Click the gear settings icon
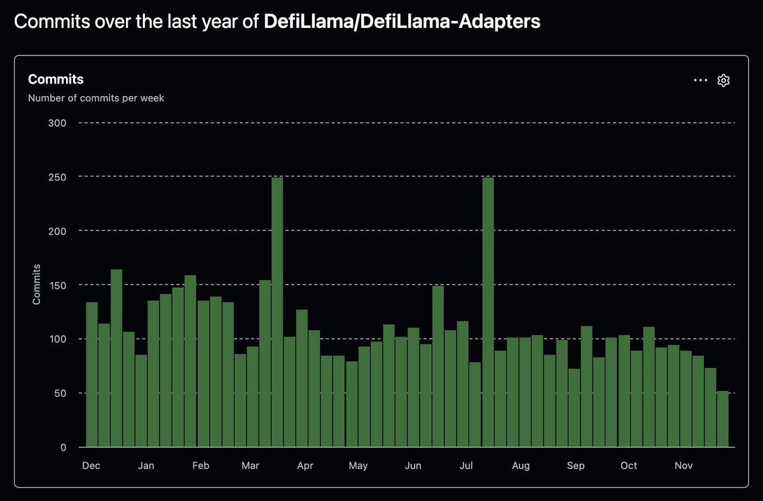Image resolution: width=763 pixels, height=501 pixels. click(724, 80)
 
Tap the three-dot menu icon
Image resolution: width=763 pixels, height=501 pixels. click(700, 80)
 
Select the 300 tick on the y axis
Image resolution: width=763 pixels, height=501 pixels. click(57, 123)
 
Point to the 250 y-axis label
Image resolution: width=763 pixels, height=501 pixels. click(57, 177)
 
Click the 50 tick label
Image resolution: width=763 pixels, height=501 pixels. click(60, 393)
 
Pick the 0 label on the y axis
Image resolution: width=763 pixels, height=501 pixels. click(64, 448)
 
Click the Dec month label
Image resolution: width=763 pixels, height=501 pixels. click(91, 465)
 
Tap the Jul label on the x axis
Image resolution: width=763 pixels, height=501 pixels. click(466, 465)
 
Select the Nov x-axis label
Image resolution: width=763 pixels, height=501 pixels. click(684, 465)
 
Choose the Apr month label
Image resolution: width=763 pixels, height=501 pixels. click(305, 465)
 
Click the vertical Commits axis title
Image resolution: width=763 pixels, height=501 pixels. click(36, 285)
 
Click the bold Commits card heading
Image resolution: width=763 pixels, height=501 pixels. click(56, 79)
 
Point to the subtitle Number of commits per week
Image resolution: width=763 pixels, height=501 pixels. click(96, 98)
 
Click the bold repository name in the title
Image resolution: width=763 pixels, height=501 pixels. click(402, 22)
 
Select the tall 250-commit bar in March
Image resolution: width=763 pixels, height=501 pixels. click(277, 312)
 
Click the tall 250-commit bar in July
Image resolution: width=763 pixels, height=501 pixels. click(488, 312)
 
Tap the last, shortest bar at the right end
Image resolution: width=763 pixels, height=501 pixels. click(723, 419)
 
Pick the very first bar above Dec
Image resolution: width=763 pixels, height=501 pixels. click(92, 374)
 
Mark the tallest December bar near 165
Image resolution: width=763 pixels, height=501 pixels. click(116, 358)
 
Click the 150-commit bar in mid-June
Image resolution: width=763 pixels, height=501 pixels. click(438, 366)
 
